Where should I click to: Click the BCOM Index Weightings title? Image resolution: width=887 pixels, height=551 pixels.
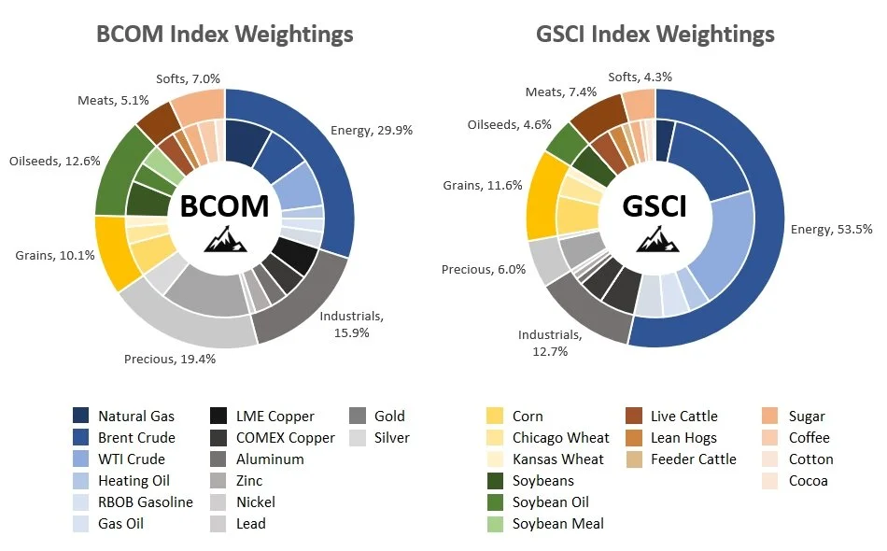coord(225,35)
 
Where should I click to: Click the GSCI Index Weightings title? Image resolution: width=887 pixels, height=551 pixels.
coord(655,35)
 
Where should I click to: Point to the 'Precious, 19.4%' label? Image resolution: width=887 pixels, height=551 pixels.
coord(170,359)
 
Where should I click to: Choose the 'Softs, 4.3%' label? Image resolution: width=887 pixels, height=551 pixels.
coord(640,77)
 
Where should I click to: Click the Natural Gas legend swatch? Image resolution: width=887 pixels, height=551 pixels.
coord(81,417)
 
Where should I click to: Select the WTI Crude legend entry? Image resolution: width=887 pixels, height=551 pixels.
coord(131,459)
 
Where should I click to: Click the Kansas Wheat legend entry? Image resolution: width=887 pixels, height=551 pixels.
coord(557,459)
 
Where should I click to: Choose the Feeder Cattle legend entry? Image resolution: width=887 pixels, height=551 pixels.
coord(694,459)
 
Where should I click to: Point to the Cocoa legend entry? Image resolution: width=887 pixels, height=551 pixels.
coord(808,481)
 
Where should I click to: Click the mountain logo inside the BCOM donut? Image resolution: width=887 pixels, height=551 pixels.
coord(224,241)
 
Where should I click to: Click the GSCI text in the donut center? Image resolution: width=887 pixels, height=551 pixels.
coord(655,207)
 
